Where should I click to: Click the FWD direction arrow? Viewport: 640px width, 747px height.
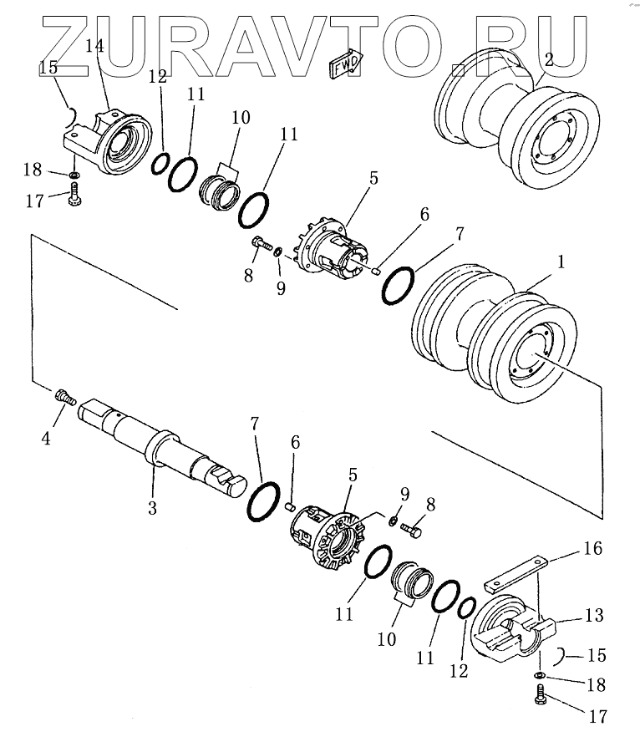(x=346, y=63)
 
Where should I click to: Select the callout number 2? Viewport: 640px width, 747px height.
(x=548, y=60)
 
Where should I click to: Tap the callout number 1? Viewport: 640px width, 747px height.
(x=561, y=262)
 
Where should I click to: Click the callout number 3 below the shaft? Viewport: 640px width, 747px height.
(x=152, y=508)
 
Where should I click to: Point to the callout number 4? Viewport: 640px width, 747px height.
(x=46, y=439)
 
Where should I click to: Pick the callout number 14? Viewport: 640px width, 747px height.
(x=94, y=46)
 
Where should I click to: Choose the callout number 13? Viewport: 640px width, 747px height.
(x=594, y=615)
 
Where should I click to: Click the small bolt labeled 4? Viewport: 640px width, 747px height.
(x=66, y=397)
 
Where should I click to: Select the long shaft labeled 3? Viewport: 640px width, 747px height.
(x=162, y=449)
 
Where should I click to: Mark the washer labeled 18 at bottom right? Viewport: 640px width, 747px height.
(x=540, y=674)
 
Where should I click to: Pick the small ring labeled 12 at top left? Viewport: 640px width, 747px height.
(x=160, y=164)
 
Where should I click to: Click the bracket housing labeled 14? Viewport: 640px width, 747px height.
(x=108, y=141)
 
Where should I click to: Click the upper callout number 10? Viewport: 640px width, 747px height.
(x=241, y=117)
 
